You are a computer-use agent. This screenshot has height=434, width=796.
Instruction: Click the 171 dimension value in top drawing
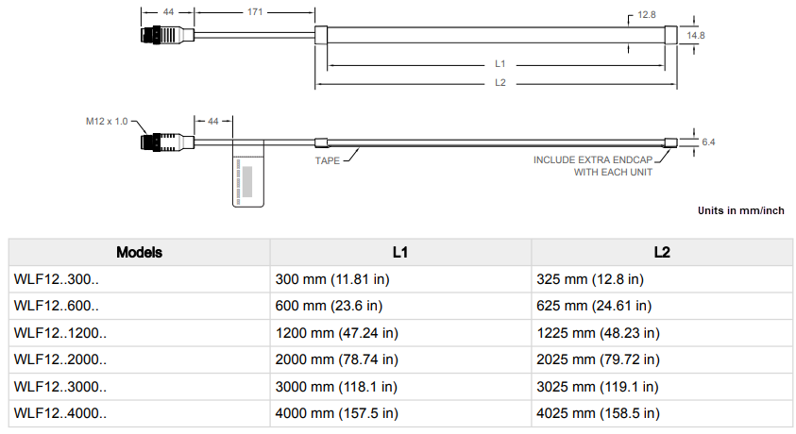coord(254,12)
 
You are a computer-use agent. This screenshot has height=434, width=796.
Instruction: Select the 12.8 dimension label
coord(646,16)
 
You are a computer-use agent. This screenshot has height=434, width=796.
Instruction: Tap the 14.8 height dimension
coord(696,35)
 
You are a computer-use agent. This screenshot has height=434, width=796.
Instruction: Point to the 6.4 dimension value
coord(708,142)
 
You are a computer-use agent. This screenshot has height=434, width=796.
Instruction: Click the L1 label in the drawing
coord(500,64)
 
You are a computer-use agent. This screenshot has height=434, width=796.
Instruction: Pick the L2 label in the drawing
coord(500,83)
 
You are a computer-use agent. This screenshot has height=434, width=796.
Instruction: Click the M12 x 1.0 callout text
coord(106,121)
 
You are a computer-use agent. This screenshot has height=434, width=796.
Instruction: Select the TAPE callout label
coord(327,160)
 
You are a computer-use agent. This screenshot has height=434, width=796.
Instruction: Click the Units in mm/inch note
coord(740,210)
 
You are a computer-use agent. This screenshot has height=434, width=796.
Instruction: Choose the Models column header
coord(139,252)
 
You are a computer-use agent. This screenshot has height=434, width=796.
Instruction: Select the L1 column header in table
coord(400,252)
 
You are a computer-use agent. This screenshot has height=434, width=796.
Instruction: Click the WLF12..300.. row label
coord(57,279)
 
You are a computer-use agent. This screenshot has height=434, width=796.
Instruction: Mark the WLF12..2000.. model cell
coord(60,359)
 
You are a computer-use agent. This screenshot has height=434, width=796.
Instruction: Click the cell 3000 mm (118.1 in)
coord(335,387)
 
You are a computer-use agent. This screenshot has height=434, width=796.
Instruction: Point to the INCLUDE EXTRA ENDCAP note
coord(592,166)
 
